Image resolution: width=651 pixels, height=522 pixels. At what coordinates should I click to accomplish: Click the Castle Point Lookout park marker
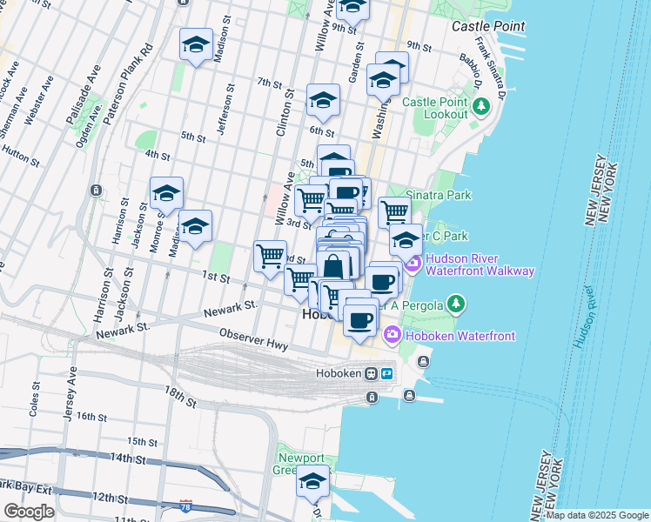481,107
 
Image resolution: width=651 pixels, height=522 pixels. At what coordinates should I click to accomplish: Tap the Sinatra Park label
440,196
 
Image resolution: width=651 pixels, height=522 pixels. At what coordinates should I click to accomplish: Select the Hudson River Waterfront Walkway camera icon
412,263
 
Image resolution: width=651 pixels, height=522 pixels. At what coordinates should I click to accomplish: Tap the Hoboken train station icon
372,373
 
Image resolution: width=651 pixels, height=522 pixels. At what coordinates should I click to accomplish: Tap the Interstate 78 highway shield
185,505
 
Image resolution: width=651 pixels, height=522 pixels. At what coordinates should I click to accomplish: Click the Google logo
29,512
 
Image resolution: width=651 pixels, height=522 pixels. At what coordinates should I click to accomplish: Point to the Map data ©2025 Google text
597,515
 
